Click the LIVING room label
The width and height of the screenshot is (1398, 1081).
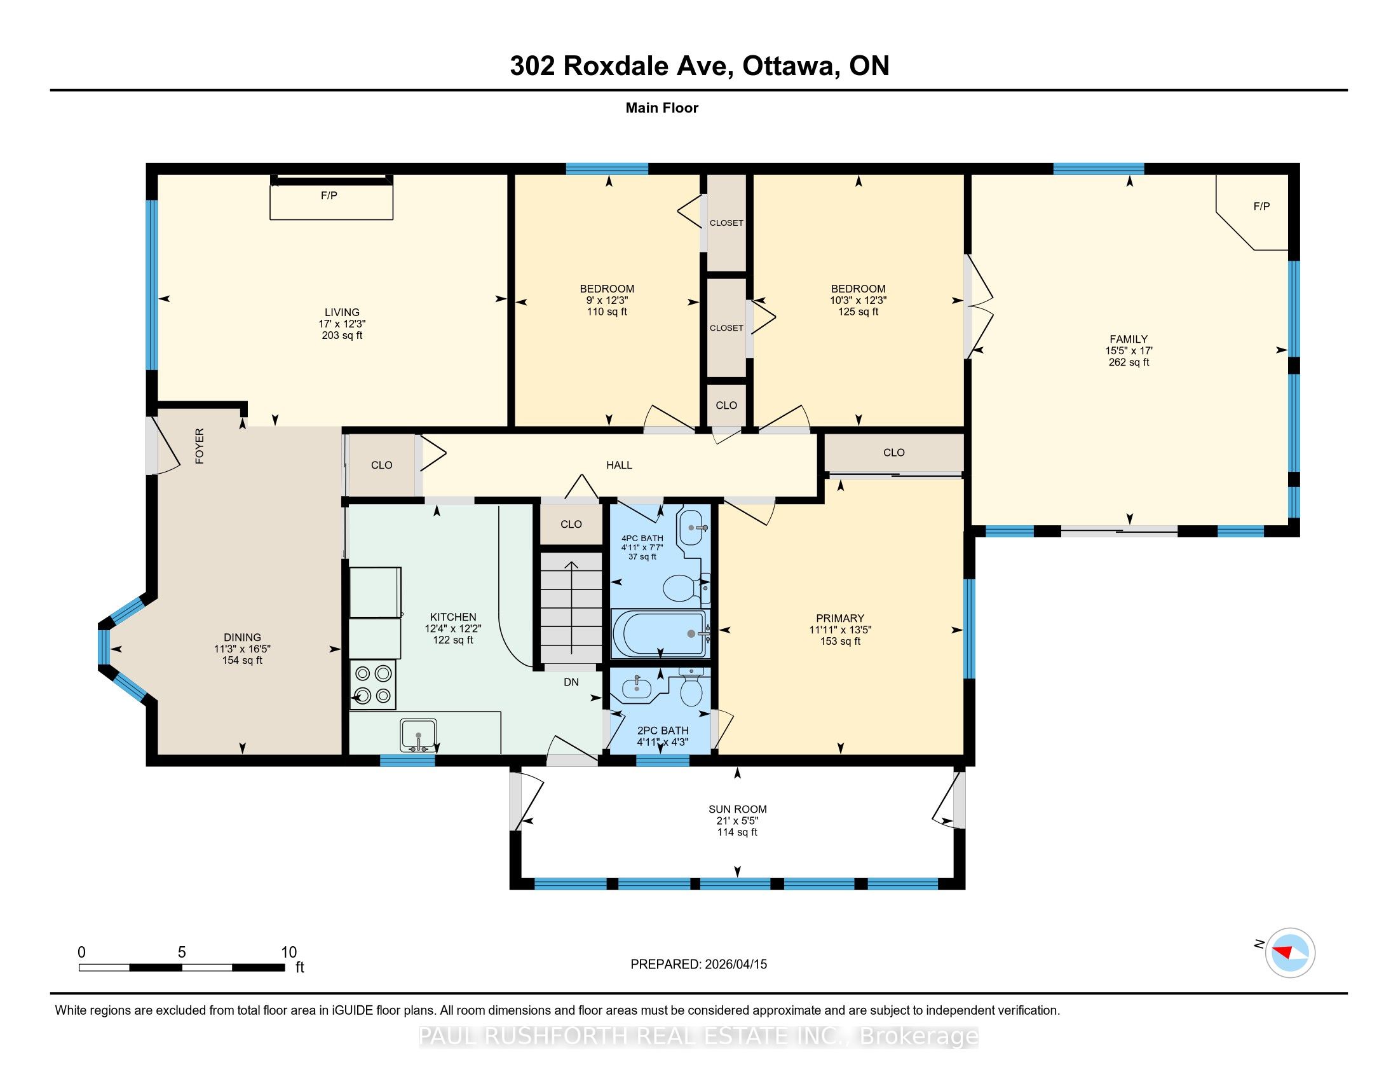coord(342,312)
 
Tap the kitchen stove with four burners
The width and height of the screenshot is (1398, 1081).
coord(372,685)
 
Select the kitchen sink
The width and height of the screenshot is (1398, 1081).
coord(418,734)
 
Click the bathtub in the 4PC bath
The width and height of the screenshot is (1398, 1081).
coord(661,633)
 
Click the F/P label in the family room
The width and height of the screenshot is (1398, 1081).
coord(1261,206)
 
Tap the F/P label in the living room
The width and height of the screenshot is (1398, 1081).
coord(329,195)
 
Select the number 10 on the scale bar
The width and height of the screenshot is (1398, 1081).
coord(288,953)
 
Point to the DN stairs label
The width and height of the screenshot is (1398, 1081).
coord(571,683)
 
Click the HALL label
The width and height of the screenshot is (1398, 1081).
coord(619,465)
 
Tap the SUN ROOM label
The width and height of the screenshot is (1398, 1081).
coord(737,809)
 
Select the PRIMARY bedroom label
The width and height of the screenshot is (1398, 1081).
coord(840,619)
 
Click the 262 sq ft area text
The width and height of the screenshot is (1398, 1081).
coord(1129,362)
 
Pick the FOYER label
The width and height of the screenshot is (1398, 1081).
coord(200,446)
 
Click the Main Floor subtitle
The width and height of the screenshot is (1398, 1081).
coord(662,108)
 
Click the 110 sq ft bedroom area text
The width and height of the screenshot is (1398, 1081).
coord(607,312)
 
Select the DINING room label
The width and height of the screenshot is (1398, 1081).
coord(242,637)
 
